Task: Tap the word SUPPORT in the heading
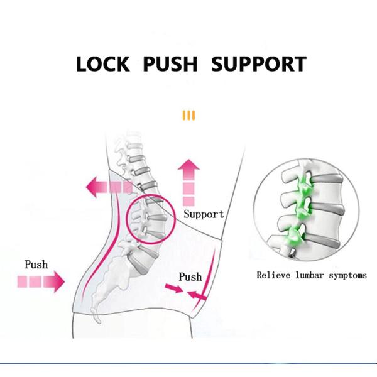click(x=259, y=64)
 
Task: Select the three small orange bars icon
click(x=188, y=116)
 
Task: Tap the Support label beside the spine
click(x=204, y=214)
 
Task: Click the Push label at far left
click(x=36, y=265)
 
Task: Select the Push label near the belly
click(x=190, y=276)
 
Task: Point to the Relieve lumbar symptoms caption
click(x=312, y=275)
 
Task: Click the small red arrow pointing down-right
click(x=173, y=288)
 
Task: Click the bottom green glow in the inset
click(x=293, y=238)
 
